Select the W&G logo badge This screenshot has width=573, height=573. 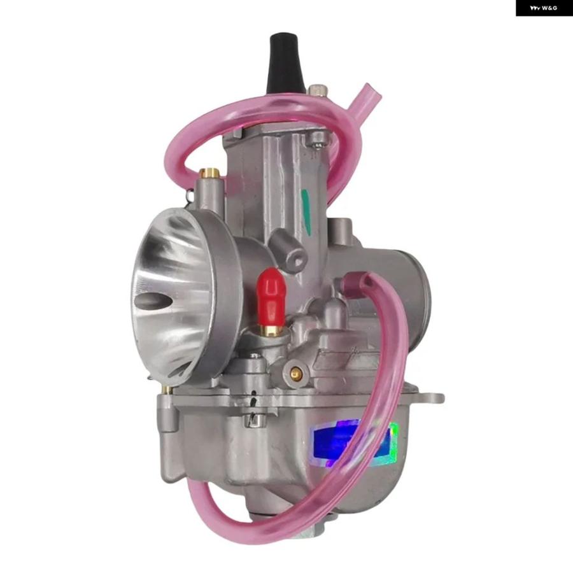click(544, 8)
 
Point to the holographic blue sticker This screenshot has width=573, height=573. click(355, 443)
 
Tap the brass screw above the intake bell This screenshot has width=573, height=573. click(209, 173)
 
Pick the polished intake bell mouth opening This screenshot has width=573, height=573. click(172, 292)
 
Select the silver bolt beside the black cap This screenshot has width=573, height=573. click(316, 90)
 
